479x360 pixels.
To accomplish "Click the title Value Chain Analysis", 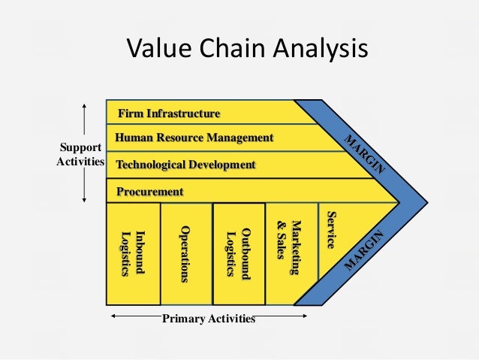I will (247, 50).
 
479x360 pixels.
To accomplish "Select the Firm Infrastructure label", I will (169, 113).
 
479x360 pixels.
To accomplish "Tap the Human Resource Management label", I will (194, 138).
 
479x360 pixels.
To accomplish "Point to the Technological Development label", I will (185, 165).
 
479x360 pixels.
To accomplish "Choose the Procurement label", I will (150, 192).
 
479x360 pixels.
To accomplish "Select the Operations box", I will (185, 253).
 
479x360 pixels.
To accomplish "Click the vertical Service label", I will (330, 230).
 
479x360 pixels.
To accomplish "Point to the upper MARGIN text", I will (363, 154).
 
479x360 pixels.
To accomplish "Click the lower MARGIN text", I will (363, 252).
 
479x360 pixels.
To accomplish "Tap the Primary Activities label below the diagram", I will (209, 319).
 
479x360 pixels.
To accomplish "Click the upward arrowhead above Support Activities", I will (85, 106).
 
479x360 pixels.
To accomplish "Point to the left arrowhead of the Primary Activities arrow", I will (113, 316).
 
